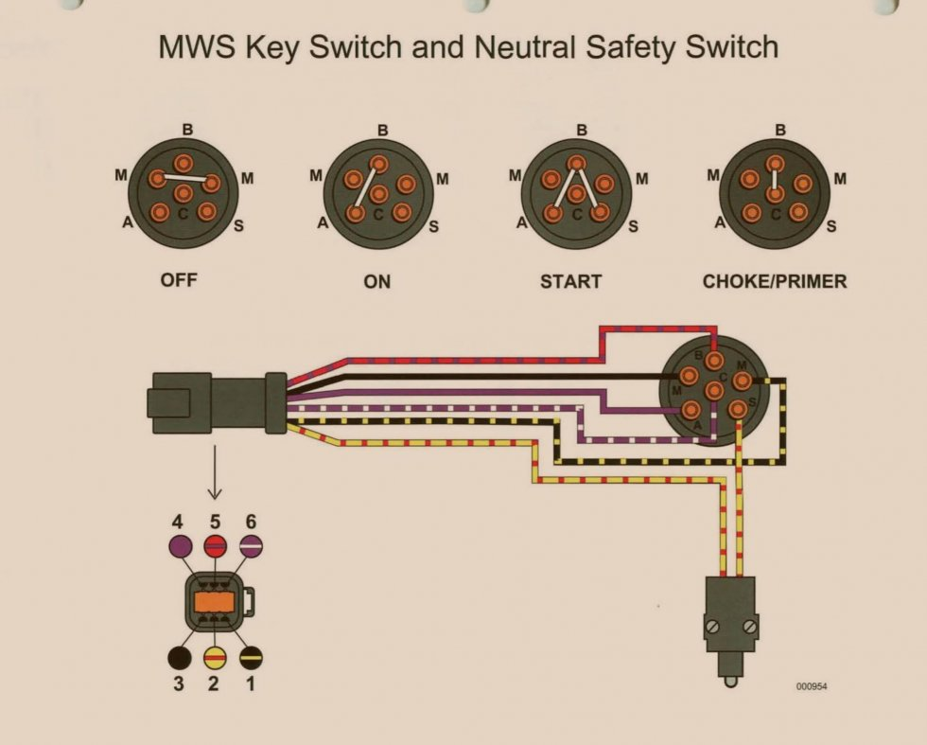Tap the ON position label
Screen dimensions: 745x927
376,281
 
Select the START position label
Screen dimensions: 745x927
570,281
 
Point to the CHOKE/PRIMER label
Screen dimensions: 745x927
775,281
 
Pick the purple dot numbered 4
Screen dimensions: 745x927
179,545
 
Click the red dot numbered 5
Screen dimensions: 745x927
215,545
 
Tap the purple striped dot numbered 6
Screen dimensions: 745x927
251,545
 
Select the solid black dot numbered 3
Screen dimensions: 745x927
179,656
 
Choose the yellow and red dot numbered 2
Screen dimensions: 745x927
215,656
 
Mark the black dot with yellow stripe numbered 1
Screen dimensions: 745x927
251,656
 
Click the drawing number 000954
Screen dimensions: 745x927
812,686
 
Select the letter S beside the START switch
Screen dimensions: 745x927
633,226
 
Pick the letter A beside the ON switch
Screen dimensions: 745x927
323,223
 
